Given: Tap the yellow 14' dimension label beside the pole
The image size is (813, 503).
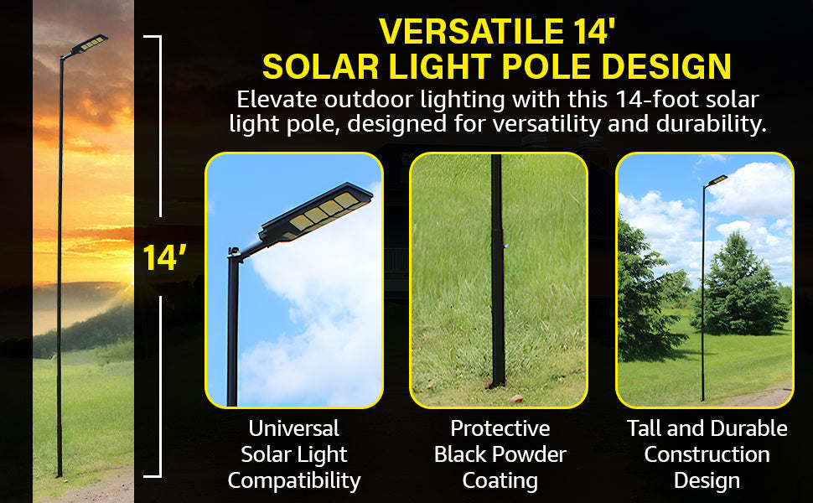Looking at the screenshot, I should coord(163,257).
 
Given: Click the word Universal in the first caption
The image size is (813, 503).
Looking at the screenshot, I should coord(293,428).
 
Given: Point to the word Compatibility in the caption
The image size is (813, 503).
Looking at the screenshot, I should coord(293,480).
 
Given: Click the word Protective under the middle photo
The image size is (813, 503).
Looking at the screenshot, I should coord(500,428).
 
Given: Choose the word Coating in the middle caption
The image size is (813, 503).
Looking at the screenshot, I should coord(500,480).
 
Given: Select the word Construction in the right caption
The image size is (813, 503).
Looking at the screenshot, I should coord(707,454).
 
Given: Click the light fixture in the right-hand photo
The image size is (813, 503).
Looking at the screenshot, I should coord(717,180).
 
